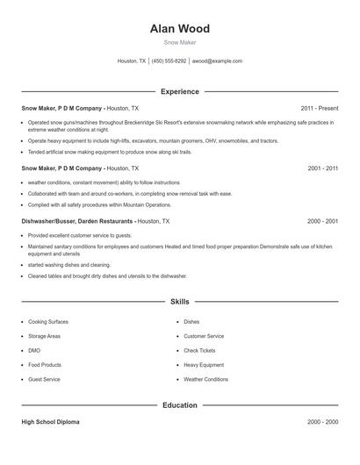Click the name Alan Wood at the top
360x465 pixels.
(179, 27)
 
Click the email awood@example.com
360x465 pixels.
(217, 61)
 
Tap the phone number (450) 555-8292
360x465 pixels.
(169, 61)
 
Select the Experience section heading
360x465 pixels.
(179, 91)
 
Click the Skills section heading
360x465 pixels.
(179, 302)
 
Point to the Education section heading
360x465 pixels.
(179, 405)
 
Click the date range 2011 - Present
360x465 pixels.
(319, 108)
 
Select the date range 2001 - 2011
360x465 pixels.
(322, 168)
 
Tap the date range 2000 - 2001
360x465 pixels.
(322, 221)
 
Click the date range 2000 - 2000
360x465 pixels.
(322, 422)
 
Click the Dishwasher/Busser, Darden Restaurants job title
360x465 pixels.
(77, 221)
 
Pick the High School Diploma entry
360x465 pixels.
(50, 422)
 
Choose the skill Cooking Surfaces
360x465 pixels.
(49, 322)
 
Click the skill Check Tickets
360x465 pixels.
(199, 350)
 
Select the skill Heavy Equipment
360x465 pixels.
(203, 364)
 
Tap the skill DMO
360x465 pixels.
(34, 350)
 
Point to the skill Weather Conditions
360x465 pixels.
(205, 379)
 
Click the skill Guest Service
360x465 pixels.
(44, 379)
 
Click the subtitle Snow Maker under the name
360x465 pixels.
(179, 42)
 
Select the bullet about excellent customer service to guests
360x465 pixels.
(80, 235)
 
